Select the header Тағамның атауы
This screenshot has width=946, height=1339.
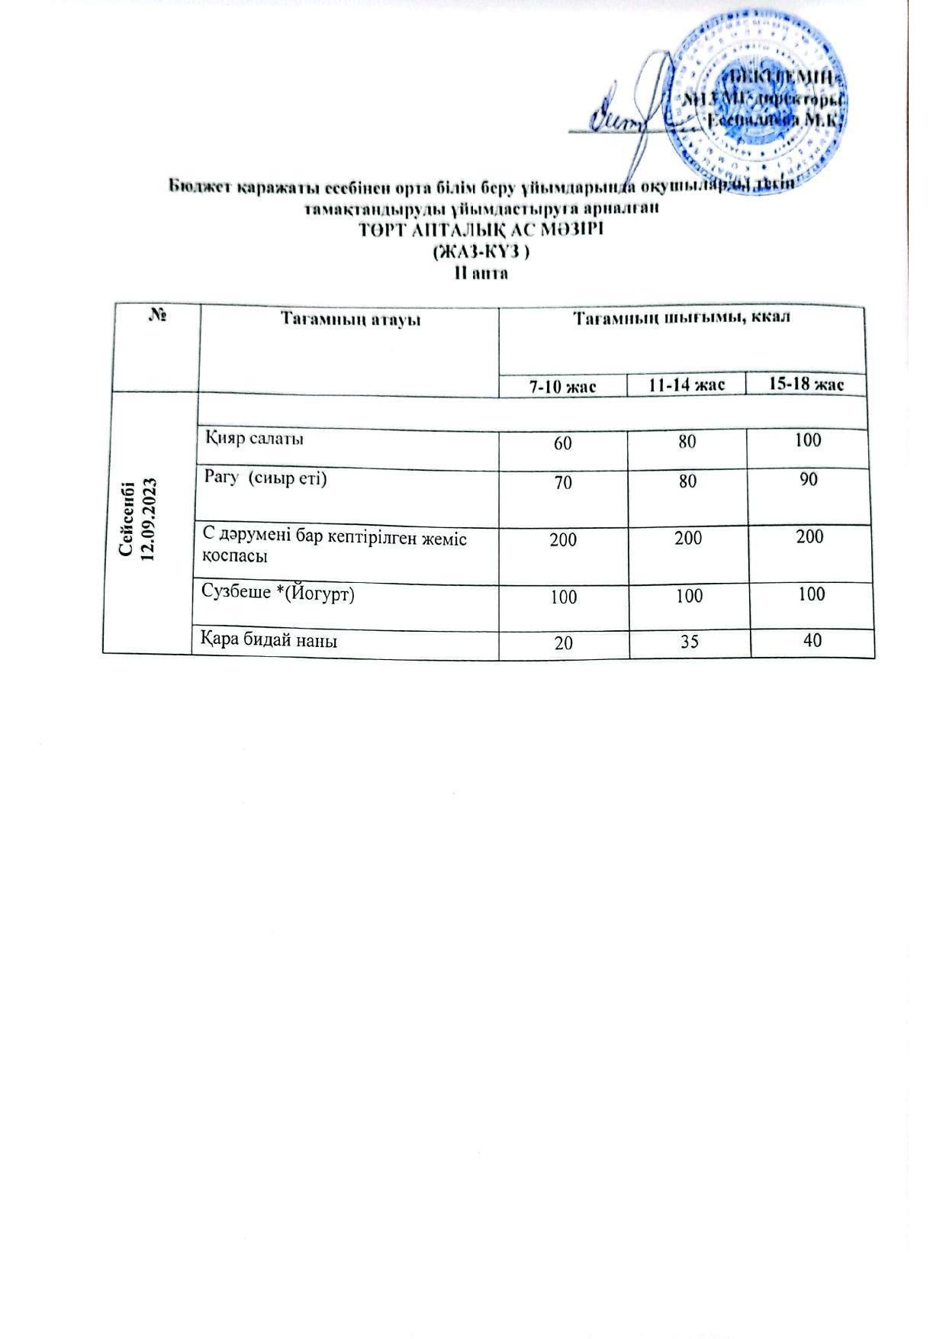coord(350,317)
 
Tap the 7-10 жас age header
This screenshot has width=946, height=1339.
coord(562,387)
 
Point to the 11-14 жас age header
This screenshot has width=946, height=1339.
coord(687,385)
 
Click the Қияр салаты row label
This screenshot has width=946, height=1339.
coord(254,439)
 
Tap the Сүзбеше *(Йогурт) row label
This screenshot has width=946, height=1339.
coord(278,594)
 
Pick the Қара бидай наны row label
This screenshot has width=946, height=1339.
coord(269,640)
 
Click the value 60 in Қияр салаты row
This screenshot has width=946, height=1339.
coord(563,442)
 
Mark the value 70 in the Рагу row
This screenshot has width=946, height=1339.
coord(563,482)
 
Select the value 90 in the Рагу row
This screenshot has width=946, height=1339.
coord(809,479)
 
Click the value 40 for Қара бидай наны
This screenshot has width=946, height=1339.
coord(812,639)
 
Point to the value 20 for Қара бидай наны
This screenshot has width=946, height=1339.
coord(565,642)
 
